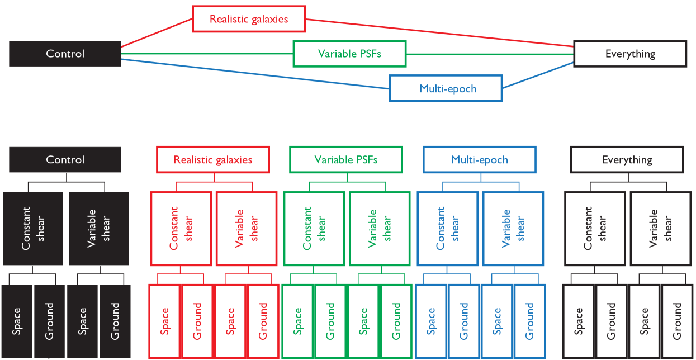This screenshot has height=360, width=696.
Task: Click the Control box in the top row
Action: click(65, 54)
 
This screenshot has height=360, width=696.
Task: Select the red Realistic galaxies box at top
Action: click(249, 19)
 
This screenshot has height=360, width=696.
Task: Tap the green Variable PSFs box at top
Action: click(350, 54)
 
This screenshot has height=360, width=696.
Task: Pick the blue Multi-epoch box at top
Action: click(446, 88)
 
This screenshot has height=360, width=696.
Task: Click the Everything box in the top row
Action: click(630, 54)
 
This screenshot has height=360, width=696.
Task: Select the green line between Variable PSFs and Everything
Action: click(489, 54)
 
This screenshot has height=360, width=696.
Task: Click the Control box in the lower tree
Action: click(65, 159)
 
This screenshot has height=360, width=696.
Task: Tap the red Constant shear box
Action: click(181, 228)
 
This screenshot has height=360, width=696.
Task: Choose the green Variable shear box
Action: click(380, 228)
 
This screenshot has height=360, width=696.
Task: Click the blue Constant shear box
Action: click(447, 228)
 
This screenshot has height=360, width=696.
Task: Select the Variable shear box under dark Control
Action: click(99, 228)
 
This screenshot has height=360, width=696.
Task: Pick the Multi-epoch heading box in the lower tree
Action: click(479, 159)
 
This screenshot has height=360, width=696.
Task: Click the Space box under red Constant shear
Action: click(164, 321)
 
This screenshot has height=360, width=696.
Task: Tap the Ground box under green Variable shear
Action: click(396, 321)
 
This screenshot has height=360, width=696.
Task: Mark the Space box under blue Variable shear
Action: click(496, 321)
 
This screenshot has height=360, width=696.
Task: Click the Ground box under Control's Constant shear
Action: click(49, 321)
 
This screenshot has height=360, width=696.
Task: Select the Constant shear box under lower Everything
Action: click(595, 228)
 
